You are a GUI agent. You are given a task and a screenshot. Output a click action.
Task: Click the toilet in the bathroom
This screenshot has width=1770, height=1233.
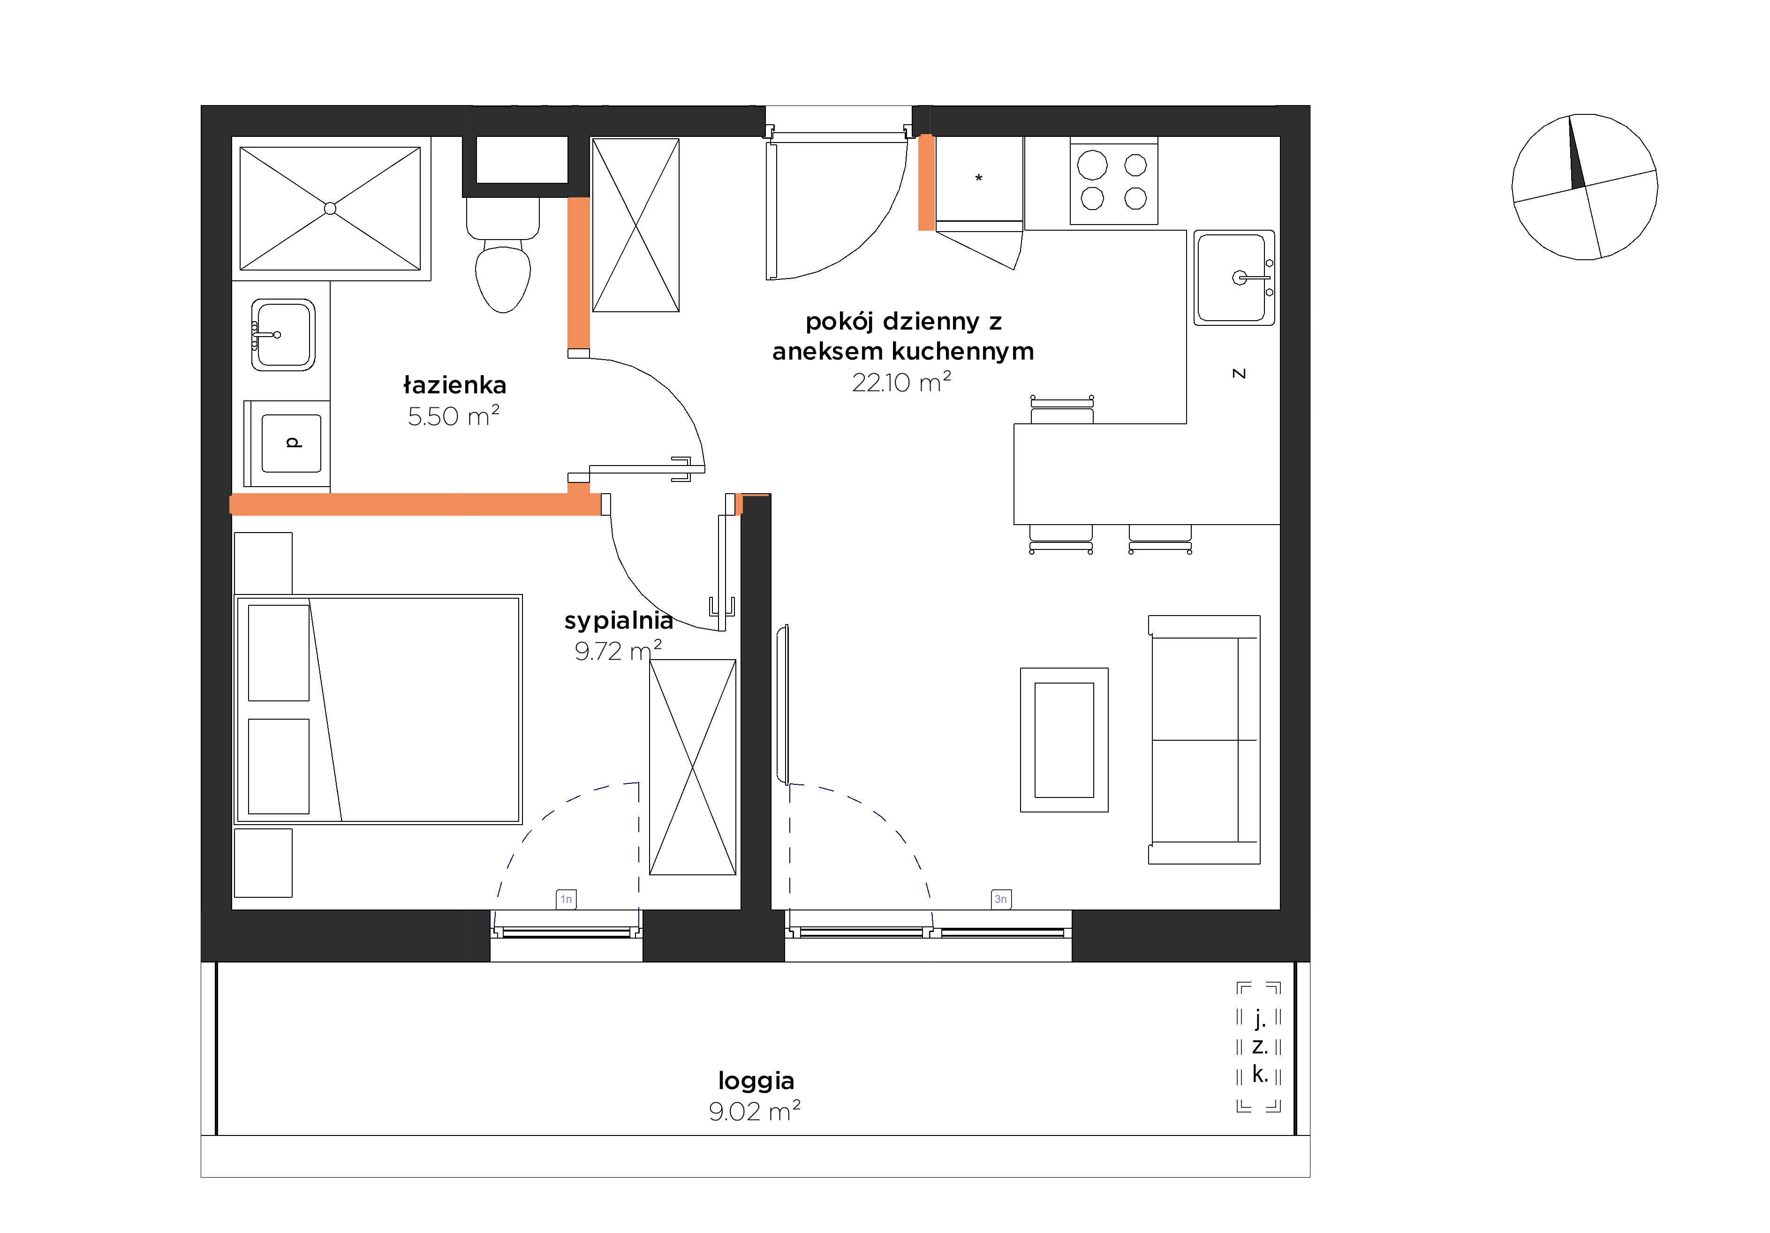[x=503, y=254]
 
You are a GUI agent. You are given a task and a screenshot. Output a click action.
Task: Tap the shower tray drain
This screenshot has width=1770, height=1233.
[x=330, y=208]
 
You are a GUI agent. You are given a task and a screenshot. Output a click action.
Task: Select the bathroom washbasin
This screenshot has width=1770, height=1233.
[x=283, y=334]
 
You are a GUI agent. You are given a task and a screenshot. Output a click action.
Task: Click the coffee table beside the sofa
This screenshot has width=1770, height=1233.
[x=1064, y=740]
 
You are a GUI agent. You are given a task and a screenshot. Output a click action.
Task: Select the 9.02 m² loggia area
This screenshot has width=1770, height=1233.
[x=755, y=1111]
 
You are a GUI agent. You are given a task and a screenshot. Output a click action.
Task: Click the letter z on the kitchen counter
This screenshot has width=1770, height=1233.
[x=1239, y=374]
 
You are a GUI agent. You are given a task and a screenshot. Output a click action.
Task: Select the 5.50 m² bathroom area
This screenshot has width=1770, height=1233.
[x=454, y=416]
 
